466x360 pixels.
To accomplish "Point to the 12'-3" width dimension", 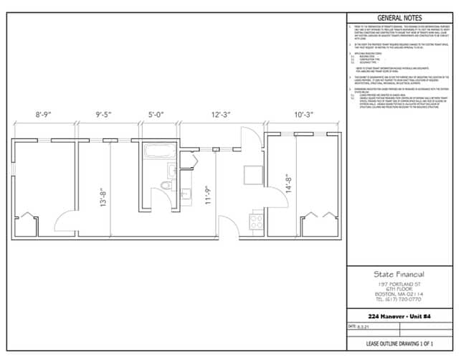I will coord(221,113).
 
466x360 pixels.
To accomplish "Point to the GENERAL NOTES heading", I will coord(399,18).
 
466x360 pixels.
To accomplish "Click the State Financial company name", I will coord(399,274).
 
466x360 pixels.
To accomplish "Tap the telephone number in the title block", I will coord(399,299).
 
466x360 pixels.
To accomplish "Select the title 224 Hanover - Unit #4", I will coord(399,316).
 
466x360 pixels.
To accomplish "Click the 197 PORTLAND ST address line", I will coord(399,284).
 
